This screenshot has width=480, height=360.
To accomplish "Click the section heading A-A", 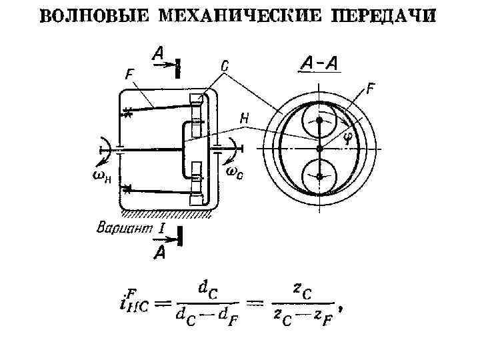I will click(319, 63).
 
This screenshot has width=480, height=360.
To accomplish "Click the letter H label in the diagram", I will click(245, 118).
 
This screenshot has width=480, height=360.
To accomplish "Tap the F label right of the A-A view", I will click(371, 87).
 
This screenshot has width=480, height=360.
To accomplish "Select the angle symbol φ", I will click(347, 139).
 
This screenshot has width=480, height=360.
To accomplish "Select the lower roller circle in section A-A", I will click(320, 176).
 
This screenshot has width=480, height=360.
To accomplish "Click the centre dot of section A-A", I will click(320, 147).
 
